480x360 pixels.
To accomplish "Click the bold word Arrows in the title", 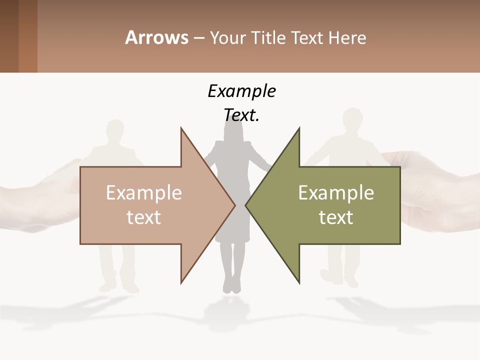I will click(156, 37).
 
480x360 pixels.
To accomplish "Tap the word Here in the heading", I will click(347, 37).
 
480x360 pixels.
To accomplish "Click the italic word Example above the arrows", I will click(241, 91).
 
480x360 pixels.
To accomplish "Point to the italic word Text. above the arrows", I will click(241, 115).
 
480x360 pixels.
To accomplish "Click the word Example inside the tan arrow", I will click(144, 192).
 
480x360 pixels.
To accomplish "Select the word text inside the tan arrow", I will click(144, 217).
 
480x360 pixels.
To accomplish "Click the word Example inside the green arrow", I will click(336, 192).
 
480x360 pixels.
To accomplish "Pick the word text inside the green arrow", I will click(336, 217).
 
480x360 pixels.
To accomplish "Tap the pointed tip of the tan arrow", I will click(234, 204).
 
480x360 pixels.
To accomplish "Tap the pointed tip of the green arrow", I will click(246, 204).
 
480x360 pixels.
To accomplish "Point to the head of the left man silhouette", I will click(115, 131).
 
